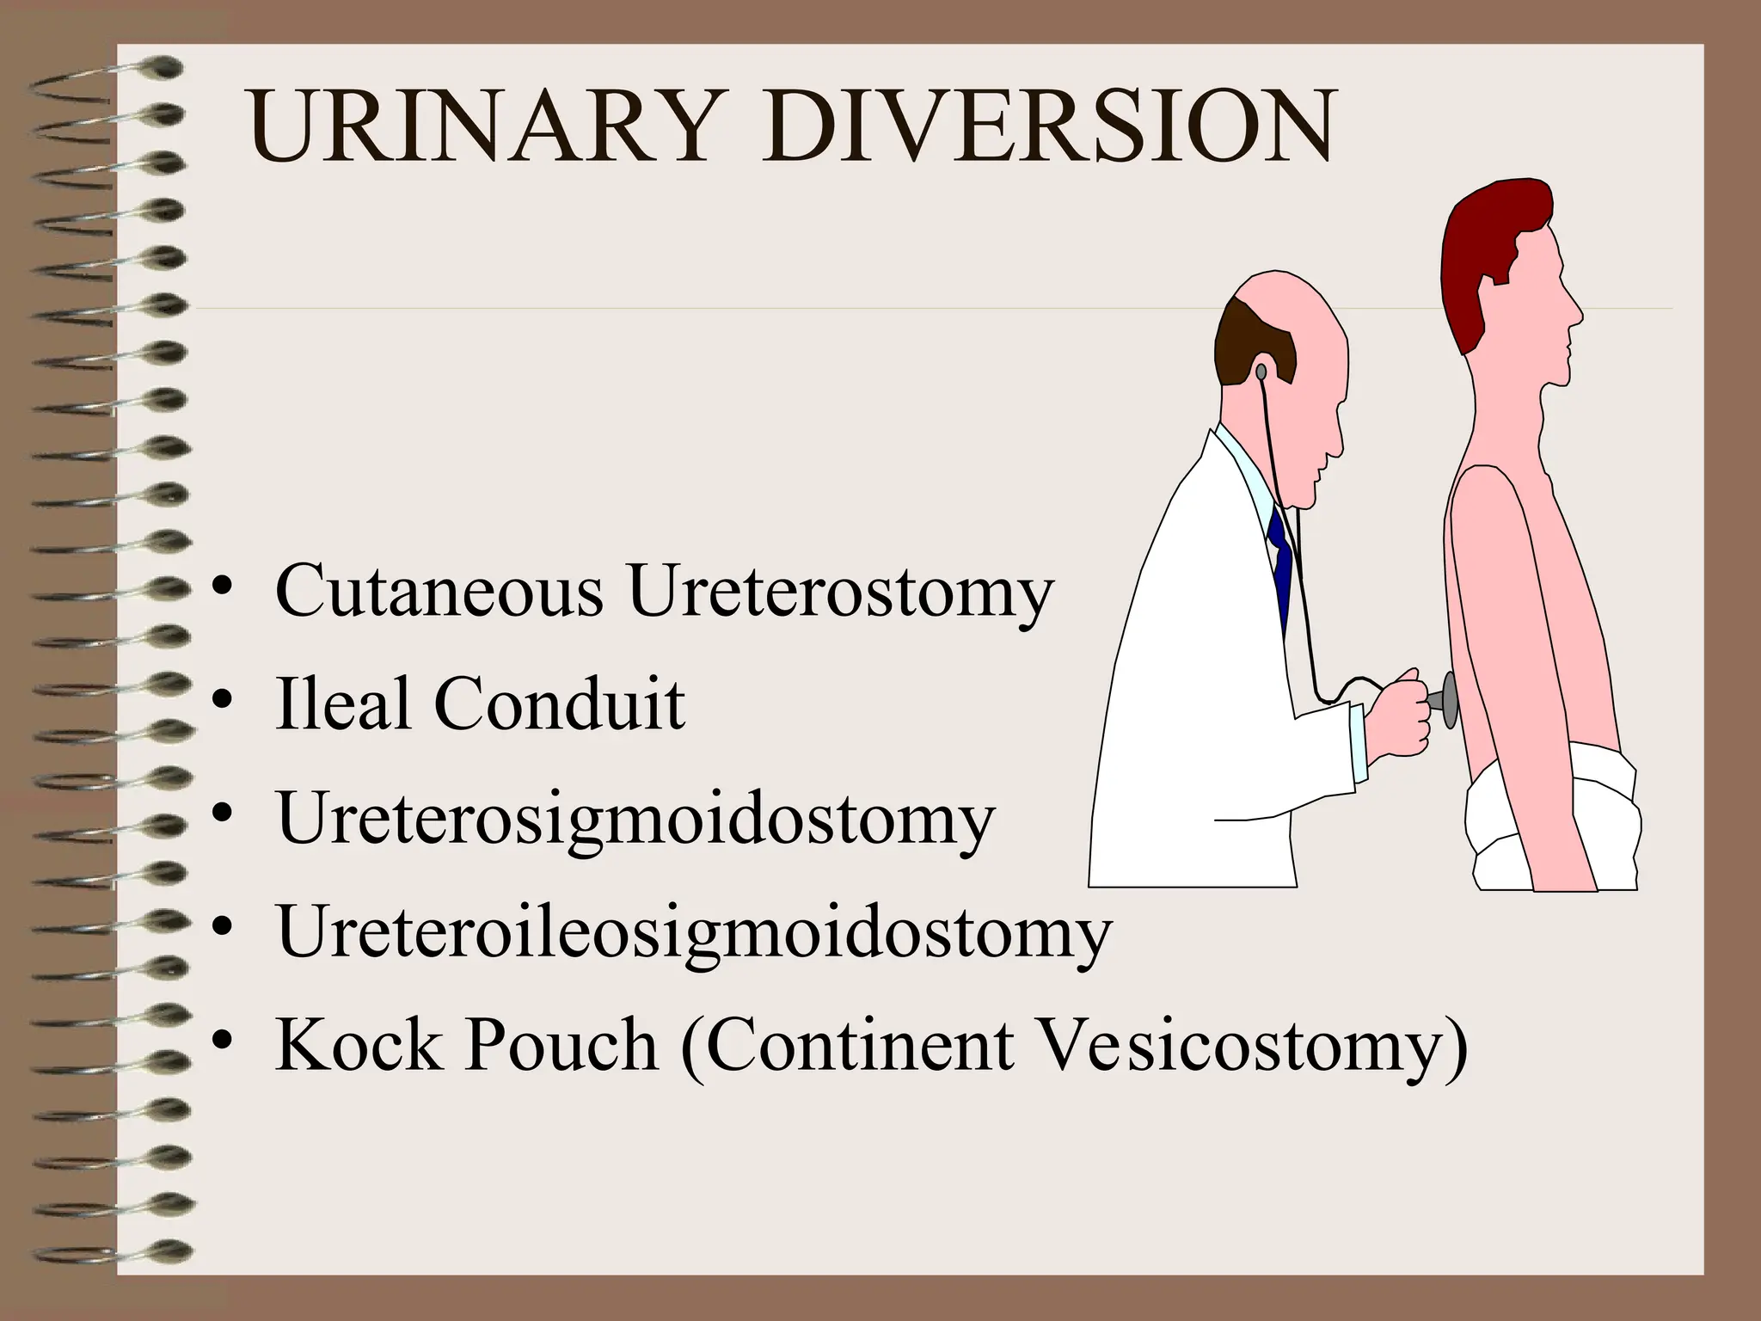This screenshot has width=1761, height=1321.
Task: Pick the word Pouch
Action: point(562,1046)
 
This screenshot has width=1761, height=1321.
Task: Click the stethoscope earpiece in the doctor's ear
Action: point(1261,372)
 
